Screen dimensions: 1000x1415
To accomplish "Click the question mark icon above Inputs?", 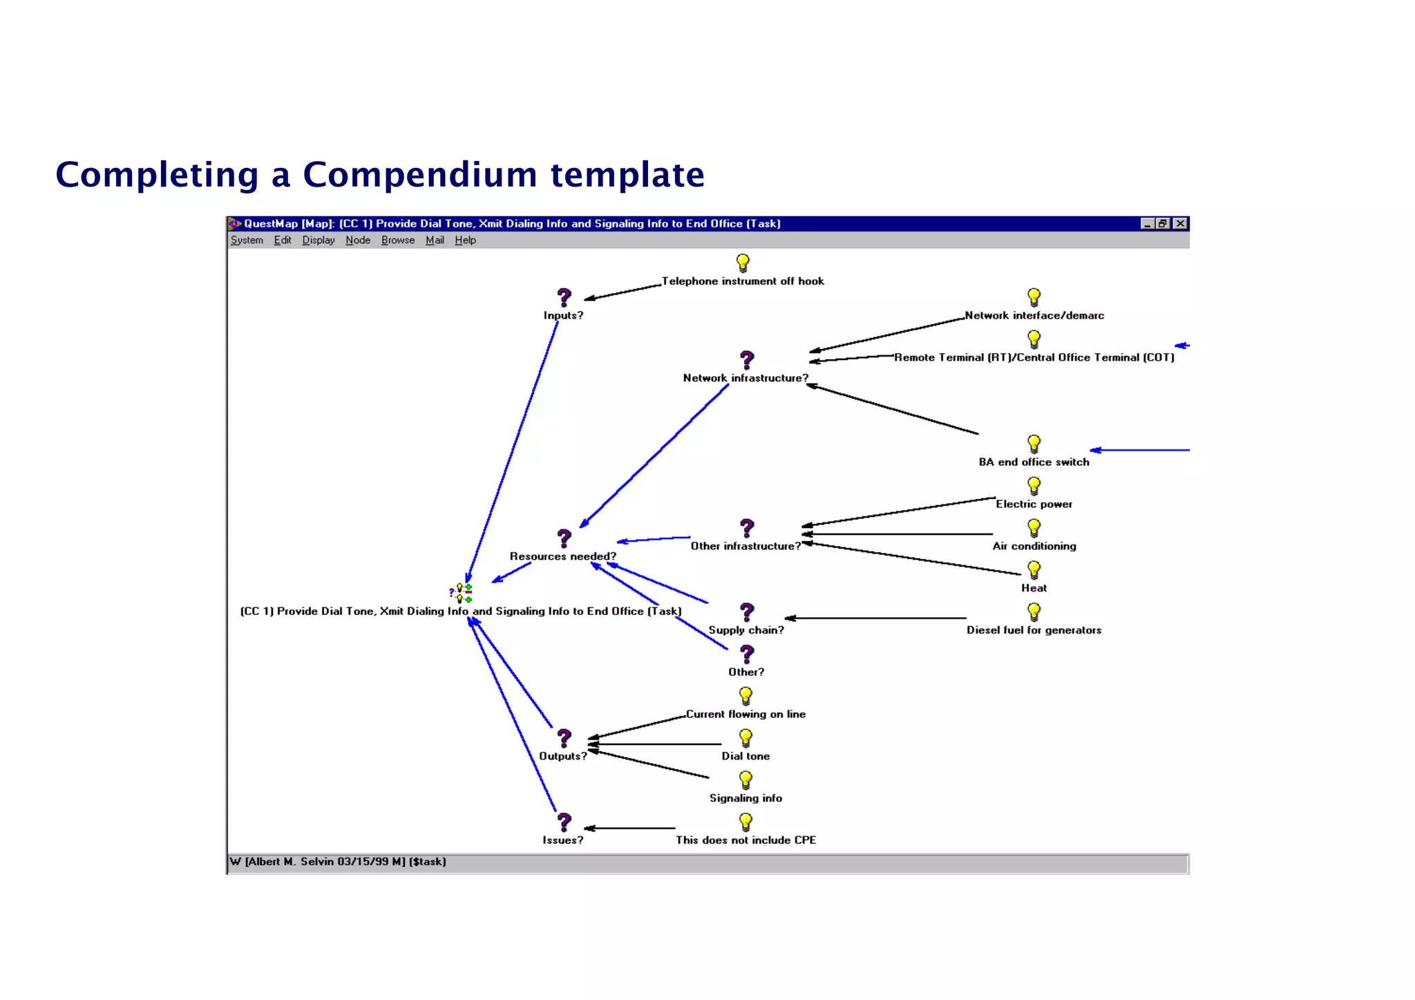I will coord(564,297).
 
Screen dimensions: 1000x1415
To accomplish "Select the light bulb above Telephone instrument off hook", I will coord(743,263).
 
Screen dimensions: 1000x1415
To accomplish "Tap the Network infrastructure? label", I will coord(745,378).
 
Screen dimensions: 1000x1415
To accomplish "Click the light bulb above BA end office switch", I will coord(1034,444).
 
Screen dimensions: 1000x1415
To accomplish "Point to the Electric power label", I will coord(1034,504).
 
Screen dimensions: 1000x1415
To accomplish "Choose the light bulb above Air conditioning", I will coord(1034,528).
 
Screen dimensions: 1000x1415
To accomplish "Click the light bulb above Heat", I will coord(1034,570).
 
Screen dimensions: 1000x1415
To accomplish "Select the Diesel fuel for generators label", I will coord(1034,630).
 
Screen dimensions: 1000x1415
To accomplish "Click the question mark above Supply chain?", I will coord(747,612).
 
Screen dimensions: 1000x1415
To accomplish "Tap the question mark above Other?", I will coord(747,654).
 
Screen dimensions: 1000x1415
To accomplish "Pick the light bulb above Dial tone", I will coord(746,738).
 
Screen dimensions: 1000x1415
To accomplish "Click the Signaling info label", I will coord(746,798).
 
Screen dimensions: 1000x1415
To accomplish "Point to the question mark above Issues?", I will coord(564,822).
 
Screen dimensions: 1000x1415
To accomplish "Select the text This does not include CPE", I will coord(746,840).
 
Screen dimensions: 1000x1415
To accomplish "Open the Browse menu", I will coord(397,240).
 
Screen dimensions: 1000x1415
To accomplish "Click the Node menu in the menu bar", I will coord(357,240).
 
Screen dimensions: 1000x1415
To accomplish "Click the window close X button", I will coord(1181,223).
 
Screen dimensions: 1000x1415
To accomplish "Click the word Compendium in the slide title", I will coord(420,174).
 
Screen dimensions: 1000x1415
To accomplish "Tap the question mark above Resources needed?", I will coord(564,538).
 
